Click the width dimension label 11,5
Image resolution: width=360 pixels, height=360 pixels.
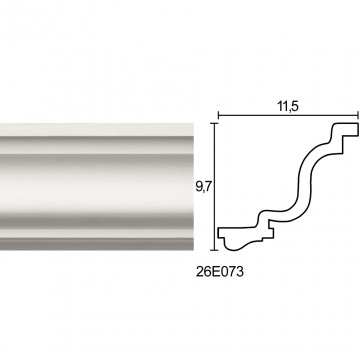(x=288, y=107)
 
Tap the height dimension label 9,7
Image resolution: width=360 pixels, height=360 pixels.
(x=202, y=188)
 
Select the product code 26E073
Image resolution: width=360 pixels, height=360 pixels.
(x=220, y=272)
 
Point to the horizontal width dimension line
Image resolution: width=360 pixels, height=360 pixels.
(x=288, y=116)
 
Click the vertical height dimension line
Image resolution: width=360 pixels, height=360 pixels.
(x=214, y=186)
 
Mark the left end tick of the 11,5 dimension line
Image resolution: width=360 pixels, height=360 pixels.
(x=218, y=116)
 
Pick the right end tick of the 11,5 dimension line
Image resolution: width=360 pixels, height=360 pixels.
(x=358, y=116)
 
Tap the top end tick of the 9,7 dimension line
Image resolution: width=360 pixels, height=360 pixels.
(x=214, y=123)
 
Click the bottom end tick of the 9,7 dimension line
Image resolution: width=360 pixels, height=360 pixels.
(x=214, y=250)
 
